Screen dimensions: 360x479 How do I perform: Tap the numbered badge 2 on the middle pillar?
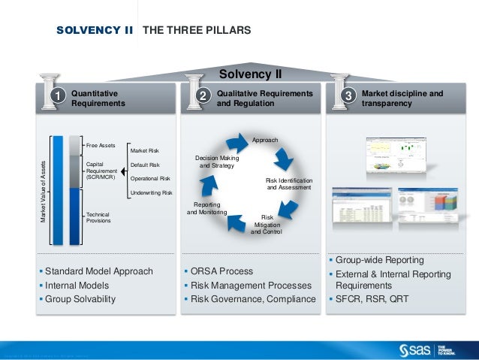pos(201,96)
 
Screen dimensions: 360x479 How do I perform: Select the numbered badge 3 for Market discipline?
pos(348,96)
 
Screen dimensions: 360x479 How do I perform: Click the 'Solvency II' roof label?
pos(249,74)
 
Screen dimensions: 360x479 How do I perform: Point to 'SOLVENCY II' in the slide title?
pos(95,31)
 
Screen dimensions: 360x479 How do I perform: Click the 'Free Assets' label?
pos(101,144)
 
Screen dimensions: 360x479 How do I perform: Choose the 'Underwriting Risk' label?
pos(151,193)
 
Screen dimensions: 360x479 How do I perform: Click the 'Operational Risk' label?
pos(150,179)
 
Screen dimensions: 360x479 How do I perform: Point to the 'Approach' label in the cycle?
pos(264,141)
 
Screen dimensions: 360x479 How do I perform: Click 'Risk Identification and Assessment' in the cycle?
pos(289,184)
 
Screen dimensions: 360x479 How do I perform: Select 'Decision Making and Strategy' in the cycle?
pos(217,162)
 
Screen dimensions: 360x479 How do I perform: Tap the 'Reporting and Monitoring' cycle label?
pos(206,208)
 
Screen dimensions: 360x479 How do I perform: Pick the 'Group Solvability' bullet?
pos(80,299)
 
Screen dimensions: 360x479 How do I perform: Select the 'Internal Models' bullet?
pos(77,286)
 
